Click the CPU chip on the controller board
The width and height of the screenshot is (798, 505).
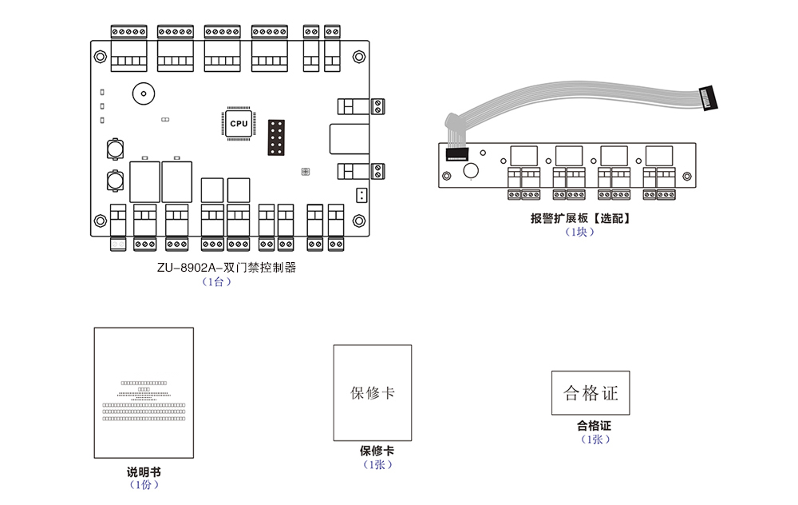coord(239,123)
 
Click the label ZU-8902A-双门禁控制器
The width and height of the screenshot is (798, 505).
coord(227,268)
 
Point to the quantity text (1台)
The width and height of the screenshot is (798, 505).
coord(216,281)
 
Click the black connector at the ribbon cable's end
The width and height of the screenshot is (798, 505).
coord(707,100)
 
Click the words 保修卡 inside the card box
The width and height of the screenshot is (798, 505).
coord(373,392)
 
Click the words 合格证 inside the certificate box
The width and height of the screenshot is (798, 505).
coord(591,393)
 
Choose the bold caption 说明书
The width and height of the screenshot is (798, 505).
coord(144,472)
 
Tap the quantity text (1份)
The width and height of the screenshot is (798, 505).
coord(144,485)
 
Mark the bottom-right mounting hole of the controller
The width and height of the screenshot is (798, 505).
coord(359,221)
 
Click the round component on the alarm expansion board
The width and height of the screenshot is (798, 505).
coord(471,170)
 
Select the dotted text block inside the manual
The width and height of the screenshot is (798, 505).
coord(144,400)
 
